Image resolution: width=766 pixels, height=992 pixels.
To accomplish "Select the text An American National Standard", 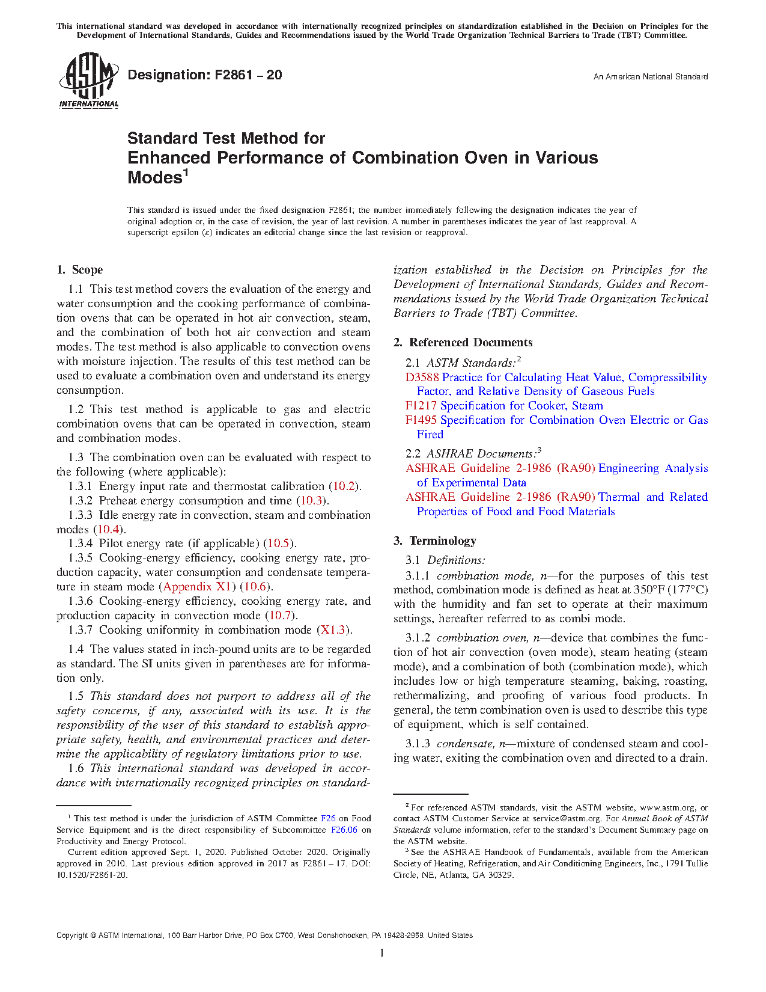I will tap(650, 77).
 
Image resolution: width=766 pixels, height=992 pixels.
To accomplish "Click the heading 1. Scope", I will tap(80, 270).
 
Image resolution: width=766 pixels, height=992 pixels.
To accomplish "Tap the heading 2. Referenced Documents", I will tap(463, 343).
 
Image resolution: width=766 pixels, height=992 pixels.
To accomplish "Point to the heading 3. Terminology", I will tap(435, 541).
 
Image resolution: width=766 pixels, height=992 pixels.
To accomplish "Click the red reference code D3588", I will tap(422, 378).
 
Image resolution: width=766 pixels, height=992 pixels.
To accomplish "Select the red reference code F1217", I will tap(421, 406).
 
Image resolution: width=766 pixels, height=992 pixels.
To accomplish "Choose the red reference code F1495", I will tap(421, 420).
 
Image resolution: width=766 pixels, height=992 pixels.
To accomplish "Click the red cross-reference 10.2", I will tap(344, 486).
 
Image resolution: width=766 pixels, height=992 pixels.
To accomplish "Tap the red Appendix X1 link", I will tap(197, 587).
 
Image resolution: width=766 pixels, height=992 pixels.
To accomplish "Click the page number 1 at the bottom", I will tap(382, 952).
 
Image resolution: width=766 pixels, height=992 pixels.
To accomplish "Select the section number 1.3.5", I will tap(80, 558).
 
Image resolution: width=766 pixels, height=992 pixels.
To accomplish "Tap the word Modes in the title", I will tap(154, 178).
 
